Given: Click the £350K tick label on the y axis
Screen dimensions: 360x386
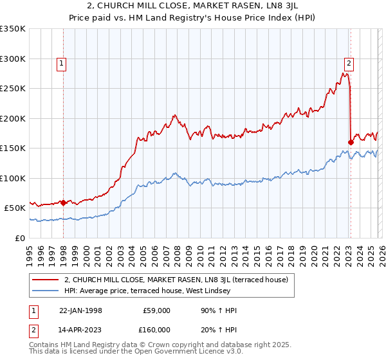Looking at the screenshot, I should (13, 29).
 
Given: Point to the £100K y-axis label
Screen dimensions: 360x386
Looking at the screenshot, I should (13, 178).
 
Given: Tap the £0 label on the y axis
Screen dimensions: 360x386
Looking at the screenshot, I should (19, 238).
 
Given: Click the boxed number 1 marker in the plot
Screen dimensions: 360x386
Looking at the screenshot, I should (62, 63).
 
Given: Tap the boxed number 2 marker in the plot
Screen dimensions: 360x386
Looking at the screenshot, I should (349, 63).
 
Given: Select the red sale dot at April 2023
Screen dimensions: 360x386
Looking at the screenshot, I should (351, 142).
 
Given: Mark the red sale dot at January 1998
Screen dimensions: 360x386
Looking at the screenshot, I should (64, 203).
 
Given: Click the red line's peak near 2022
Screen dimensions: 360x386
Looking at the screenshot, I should (345, 73).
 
